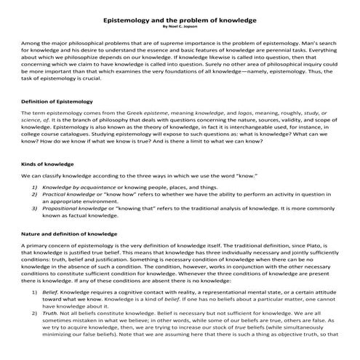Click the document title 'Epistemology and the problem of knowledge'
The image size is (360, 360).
pyautogui.click(x=180, y=20)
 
